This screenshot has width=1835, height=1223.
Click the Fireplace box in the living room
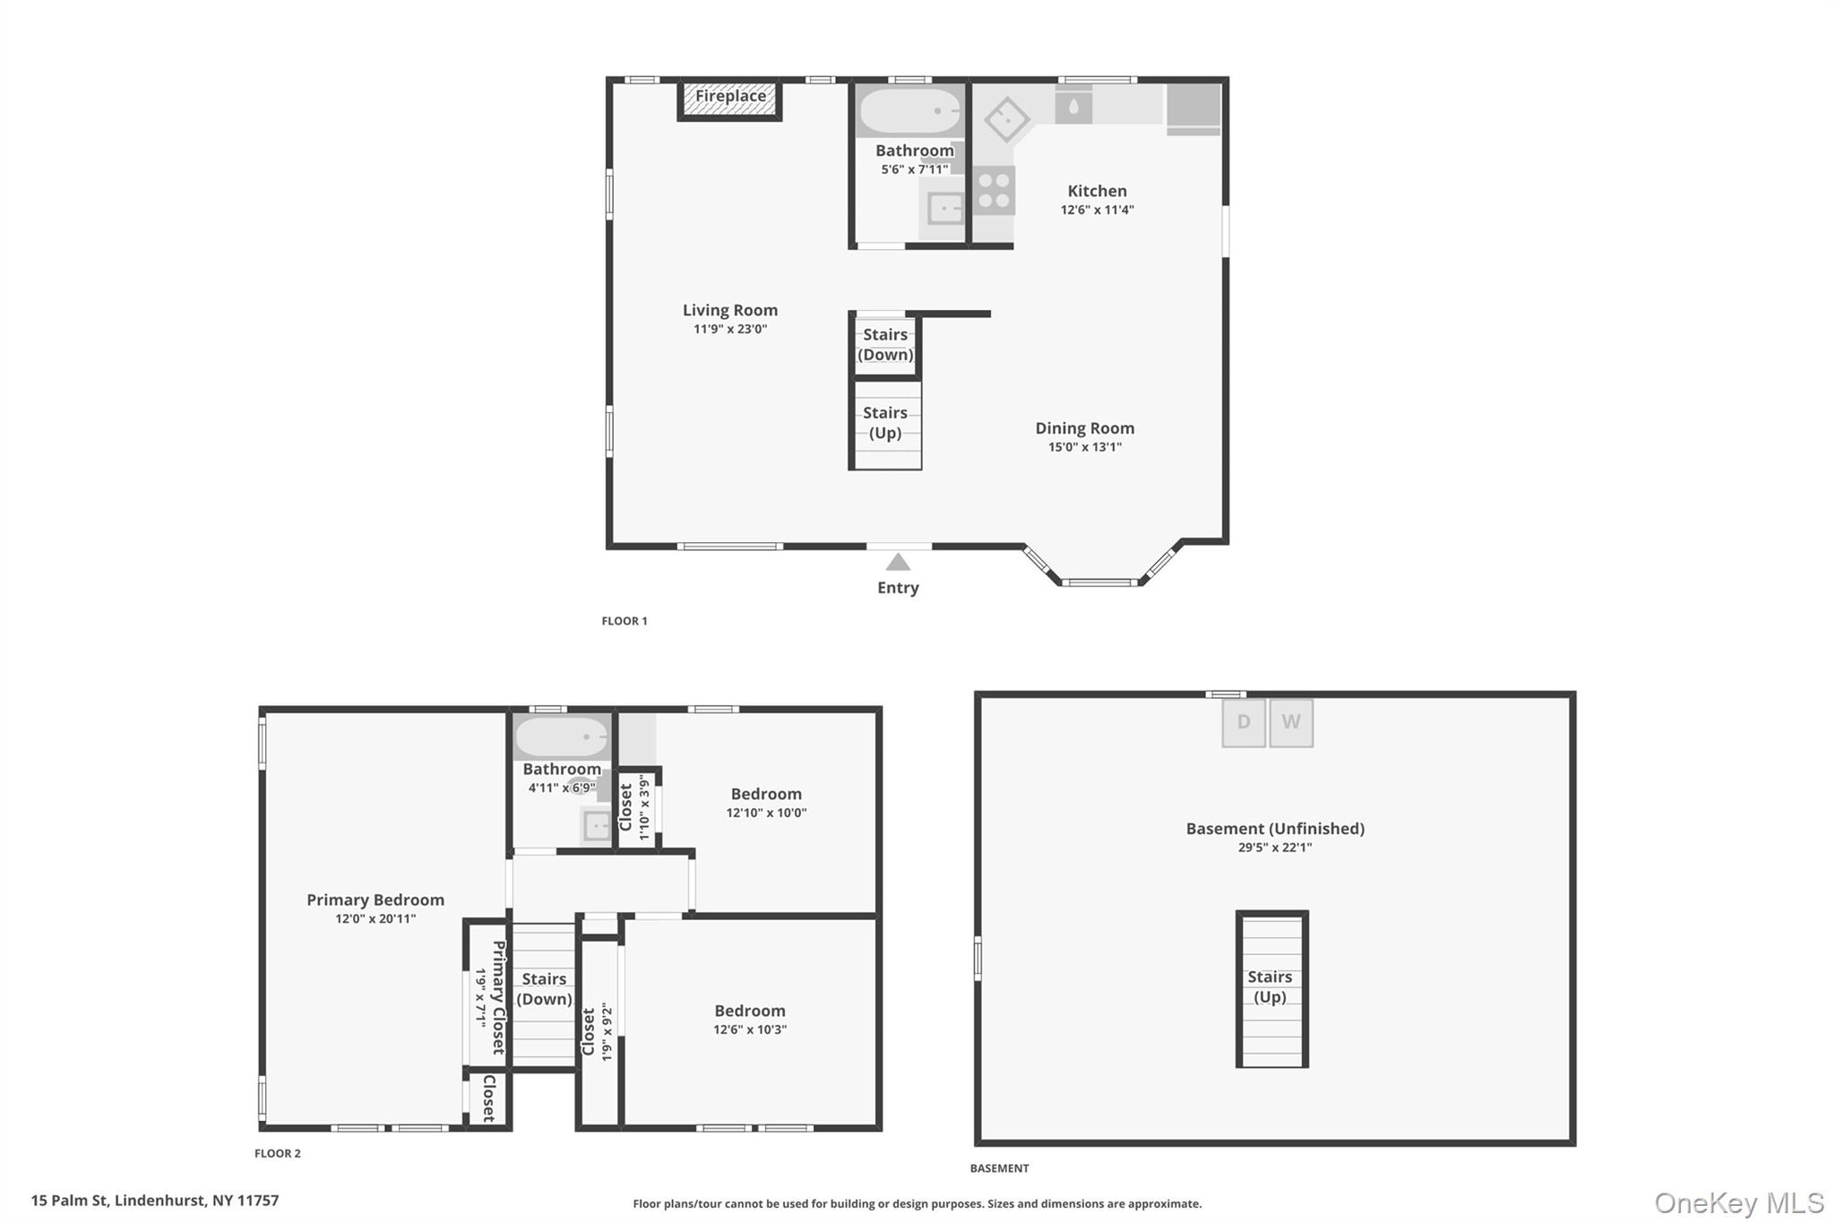coord(729,99)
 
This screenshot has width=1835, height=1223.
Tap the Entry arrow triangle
coord(898,563)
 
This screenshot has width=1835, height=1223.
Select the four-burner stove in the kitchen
coord(994,191)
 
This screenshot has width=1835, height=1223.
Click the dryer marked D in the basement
coord(1244,722)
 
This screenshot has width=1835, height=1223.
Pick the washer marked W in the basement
coord(1291,722)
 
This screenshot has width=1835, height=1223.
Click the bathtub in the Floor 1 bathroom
coord(910,111)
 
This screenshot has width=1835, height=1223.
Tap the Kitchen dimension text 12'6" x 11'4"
coord(1097,210)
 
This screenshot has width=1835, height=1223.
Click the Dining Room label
coord(1084,428)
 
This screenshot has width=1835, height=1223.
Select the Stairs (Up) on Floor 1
coord(885,424)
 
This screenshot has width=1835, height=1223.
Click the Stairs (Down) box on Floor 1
coord(885,345)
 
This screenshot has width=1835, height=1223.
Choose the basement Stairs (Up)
coord(1271,987)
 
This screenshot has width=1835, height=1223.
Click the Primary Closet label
coord(499,996)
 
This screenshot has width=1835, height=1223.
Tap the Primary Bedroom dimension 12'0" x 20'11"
coord(375,918)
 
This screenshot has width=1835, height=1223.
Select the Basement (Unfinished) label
coord(1274,829)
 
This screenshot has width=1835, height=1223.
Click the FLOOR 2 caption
coord(278,1153)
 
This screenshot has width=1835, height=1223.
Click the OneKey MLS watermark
coord(1738,1203)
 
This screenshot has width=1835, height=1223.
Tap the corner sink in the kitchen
coord(1006,119)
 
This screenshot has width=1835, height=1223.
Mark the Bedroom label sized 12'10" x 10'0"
coord(765,794)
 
